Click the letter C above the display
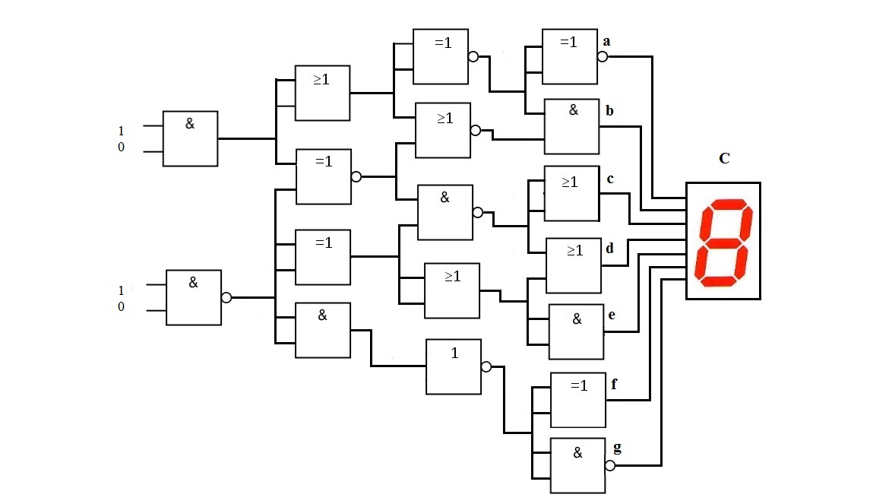(724, 159)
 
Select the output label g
(617, 448)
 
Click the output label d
(609, 249)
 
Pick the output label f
(614, 384)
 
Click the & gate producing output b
(572, 126)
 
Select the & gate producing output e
(576, 331)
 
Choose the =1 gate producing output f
(577, 400)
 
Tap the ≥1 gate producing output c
(572, 193)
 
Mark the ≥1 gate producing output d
(574, 265)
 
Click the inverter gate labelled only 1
(453, 366)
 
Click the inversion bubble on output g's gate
(610, 466)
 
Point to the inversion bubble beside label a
(603, 55)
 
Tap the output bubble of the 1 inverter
(486, 366)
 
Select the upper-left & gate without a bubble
(190, 138)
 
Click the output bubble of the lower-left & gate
(226, 298)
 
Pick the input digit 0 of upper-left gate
(121, 147)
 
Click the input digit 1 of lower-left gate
(121, 290)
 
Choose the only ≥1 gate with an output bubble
(444, 130)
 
